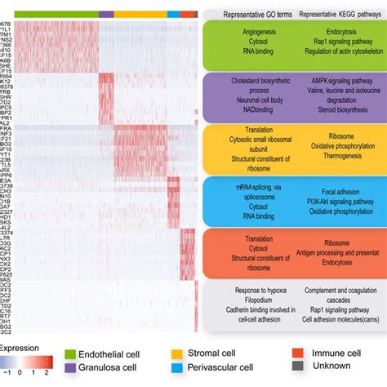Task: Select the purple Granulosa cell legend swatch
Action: [x=72, y=369]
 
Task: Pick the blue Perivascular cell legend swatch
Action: [x=176, y=369]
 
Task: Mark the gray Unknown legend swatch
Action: [x=298, y=369]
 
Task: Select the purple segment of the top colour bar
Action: [x=105, y=14]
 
